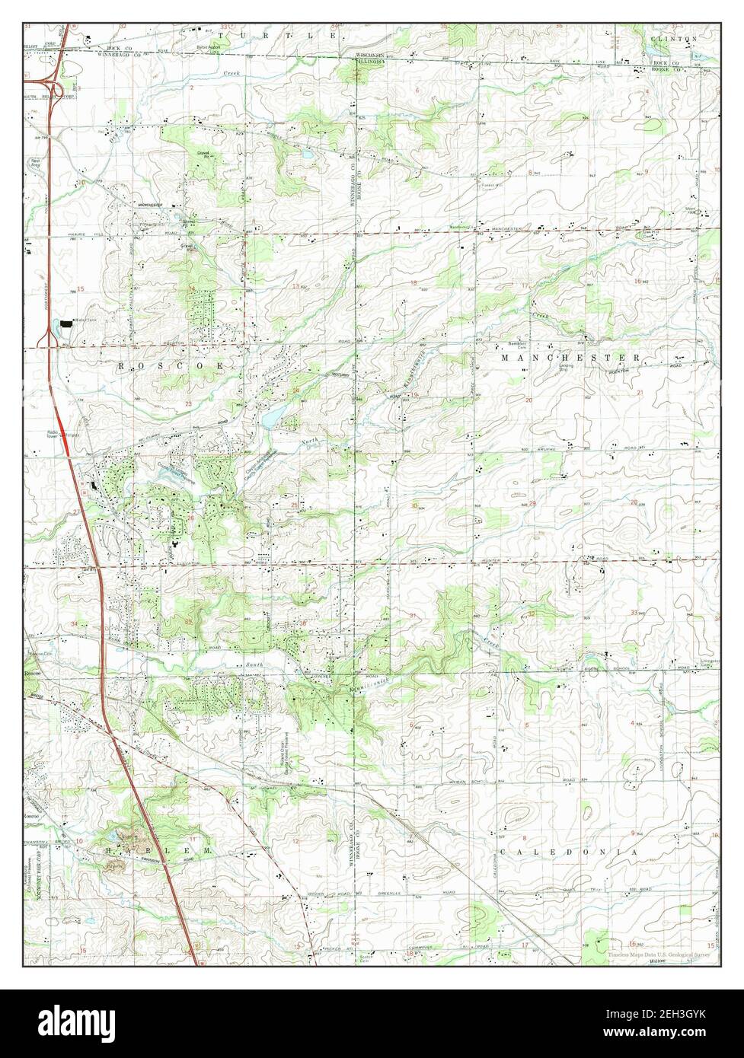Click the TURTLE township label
pos(275,36)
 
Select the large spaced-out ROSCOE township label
pos(171,366)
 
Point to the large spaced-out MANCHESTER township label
pos(572,357)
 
